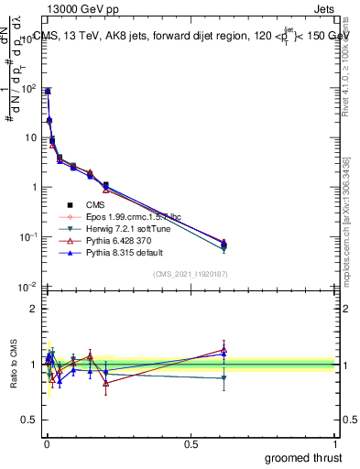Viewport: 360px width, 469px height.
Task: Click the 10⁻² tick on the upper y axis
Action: point(27,287)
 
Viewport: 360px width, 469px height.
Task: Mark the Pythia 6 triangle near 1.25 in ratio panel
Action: point(224,349)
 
